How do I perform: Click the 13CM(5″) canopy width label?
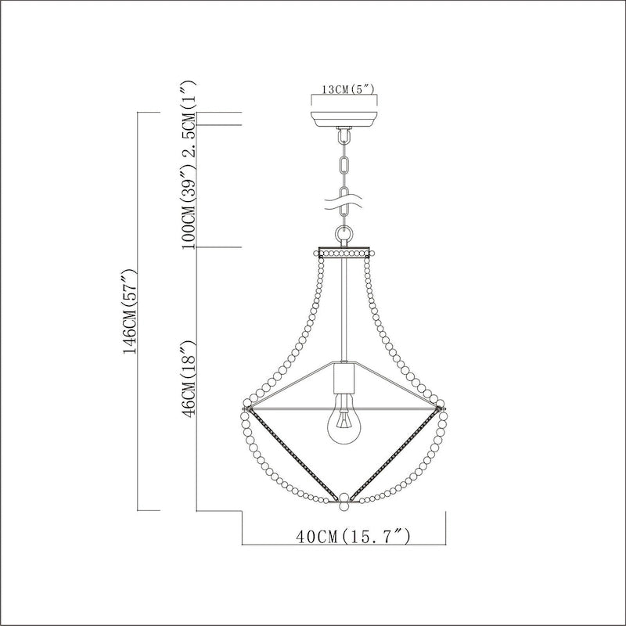[344, 89]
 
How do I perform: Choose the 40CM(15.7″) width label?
[344, 537]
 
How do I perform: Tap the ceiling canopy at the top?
[344, 119]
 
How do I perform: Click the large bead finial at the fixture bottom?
[344, 498]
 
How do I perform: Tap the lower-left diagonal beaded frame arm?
[293, 453]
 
